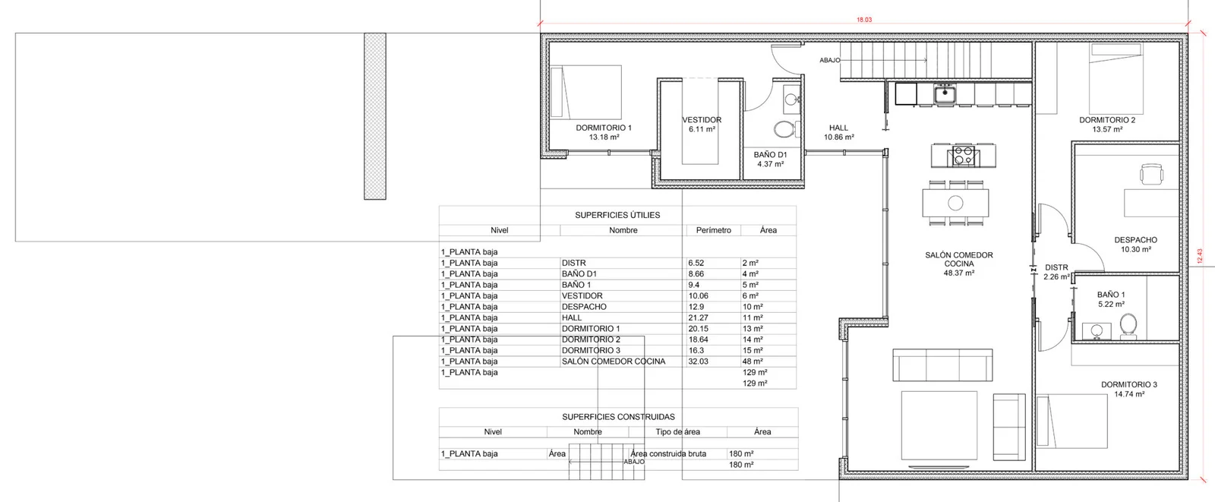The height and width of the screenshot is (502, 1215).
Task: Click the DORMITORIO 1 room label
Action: point(604,128)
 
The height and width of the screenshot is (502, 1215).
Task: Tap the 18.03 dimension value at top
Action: point(864,20)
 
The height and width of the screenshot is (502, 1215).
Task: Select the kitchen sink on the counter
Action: point(945,94)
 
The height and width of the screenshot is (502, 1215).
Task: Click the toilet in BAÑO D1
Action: point(784,130)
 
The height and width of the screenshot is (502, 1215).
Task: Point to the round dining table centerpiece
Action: point(956,203)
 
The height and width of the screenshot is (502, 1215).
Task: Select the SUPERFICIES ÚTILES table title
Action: point(617,216)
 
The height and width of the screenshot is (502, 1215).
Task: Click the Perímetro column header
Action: point(713,230)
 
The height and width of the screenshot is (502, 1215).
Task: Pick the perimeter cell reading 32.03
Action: point(698,362)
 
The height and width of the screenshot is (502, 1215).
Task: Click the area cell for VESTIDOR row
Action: point(751,295)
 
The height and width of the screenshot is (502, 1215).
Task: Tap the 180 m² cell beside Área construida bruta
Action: point(741,453)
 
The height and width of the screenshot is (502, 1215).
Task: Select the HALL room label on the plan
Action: point(838,128)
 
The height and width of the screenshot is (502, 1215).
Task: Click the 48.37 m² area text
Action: point(959,273)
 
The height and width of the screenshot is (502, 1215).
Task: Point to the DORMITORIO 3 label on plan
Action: point(1128,385)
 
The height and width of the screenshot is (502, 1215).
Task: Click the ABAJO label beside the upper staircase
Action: point(830,60)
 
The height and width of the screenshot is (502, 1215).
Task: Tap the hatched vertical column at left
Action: point(375,116)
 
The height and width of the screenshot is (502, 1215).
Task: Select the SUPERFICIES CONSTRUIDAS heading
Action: point(618,417)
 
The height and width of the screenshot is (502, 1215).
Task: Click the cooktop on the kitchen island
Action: point(964,156)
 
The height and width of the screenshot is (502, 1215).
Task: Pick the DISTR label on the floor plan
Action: point(1056,267)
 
